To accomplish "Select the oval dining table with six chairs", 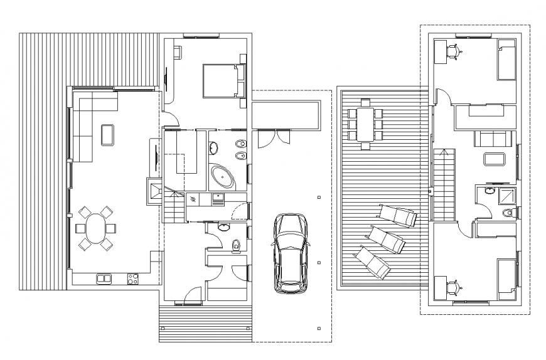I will [95, 228].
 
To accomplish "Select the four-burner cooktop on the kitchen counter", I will [132, 278].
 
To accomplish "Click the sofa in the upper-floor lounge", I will [493, 139].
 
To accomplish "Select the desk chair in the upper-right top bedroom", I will [456, 52].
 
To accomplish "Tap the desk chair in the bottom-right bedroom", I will [456, 287].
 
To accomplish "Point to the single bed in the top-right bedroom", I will [506, 60].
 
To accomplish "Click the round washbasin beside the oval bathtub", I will [213, 148].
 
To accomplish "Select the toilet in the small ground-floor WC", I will [235, 245].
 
